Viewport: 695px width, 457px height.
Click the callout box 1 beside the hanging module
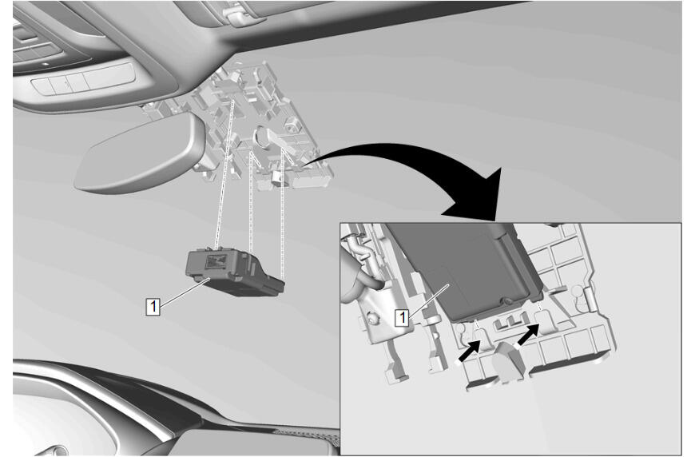click(153, 306)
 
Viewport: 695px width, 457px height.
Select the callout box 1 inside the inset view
click(402, 317)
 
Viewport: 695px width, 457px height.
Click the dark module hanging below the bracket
click(235, 272)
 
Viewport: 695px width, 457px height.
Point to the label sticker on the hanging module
click(216, 261)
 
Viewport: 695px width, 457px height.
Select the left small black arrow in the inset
click(470, 352)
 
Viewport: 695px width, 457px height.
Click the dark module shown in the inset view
click(467, 270)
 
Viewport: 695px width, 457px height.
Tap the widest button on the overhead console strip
click(109, 78)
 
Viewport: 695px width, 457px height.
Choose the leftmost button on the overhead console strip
click(42, 85)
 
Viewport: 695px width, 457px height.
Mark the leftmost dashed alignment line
click(224, 173)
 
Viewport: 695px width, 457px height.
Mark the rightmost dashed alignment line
click(282, 213)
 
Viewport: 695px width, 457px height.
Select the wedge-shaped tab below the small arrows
click(506, 360)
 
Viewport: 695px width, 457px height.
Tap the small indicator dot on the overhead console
click(46, 64)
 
